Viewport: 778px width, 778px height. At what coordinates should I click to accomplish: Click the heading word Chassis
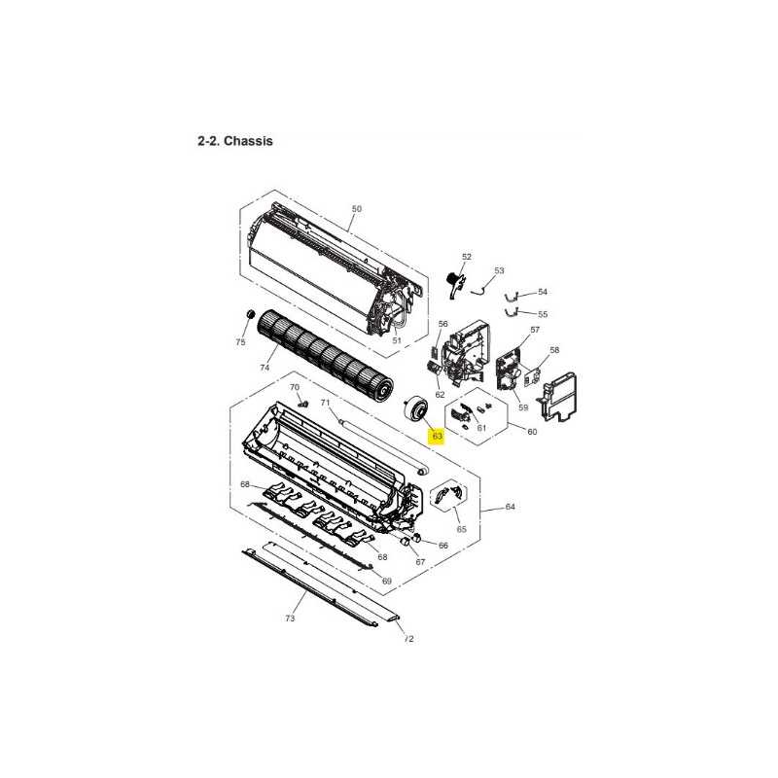pyautogui.click(x=248, y=141)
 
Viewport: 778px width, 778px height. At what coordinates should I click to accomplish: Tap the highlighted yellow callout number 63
pyautogui.click(x=437, y=436)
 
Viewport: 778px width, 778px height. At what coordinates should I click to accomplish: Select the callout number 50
pyautogui.click(x=356, y=209)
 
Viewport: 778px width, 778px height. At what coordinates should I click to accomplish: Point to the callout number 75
pyautogui.click(x=240, y=342)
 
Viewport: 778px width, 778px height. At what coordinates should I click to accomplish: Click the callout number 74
pyautogui.click(x=265, y=368)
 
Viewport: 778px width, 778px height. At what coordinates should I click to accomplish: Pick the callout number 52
pyautogui.click(x=467, y=257)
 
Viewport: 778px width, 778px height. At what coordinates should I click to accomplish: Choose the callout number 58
pyautogui.click(x=554, y=350)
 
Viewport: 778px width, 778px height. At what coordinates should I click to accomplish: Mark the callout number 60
pyautogui.click(x=532, y=432)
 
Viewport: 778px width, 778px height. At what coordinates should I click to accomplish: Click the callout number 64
pyautogui.click(x=510, y=507)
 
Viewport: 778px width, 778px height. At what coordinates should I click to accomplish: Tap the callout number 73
pyautogui.click(x=290, y=618)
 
